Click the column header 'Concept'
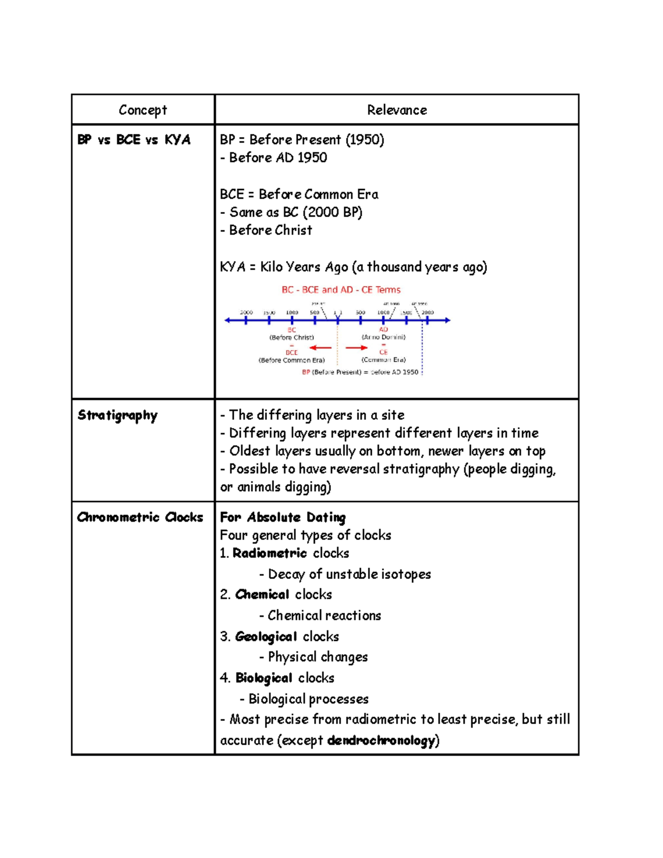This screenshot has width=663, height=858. (143, 110)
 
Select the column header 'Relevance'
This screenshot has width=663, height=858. (397, 110)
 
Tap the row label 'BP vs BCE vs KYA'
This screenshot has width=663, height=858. (134, 140)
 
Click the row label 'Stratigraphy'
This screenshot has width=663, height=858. (118, 415)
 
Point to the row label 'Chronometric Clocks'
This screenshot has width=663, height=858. (140, 517)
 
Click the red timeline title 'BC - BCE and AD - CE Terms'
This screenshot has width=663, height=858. (341, 289)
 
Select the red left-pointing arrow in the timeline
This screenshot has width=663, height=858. (320, 348)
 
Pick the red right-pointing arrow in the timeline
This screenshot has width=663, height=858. (356, 348)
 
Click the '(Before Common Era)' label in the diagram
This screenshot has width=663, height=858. (292, 360)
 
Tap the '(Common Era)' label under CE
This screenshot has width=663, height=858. (383, 360)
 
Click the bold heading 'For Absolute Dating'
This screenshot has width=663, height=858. (283, 517)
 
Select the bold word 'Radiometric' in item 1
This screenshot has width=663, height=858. (270, 553)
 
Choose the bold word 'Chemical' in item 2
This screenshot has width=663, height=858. (262, 594)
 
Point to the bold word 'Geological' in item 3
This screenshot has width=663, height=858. (266, 636)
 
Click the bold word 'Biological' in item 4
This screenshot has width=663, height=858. (264, 678)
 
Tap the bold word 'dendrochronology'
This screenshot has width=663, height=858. (381, 740)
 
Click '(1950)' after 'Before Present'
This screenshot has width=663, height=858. (365, 139)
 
